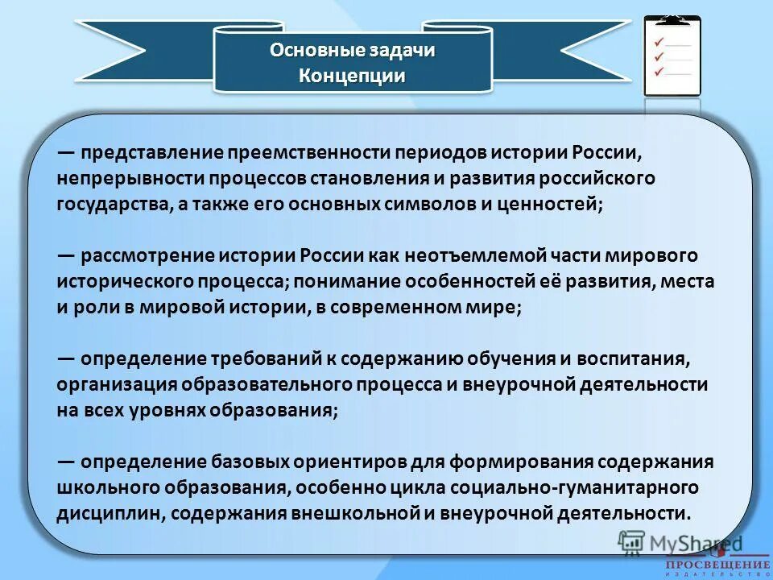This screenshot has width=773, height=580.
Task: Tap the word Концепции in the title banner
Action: tap(352, 77)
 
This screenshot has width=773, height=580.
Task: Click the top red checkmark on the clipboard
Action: tap(659, 41)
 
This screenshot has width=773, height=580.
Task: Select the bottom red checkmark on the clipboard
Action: tap(659, 72)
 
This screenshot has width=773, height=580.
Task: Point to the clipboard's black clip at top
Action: tap(672, 19)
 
